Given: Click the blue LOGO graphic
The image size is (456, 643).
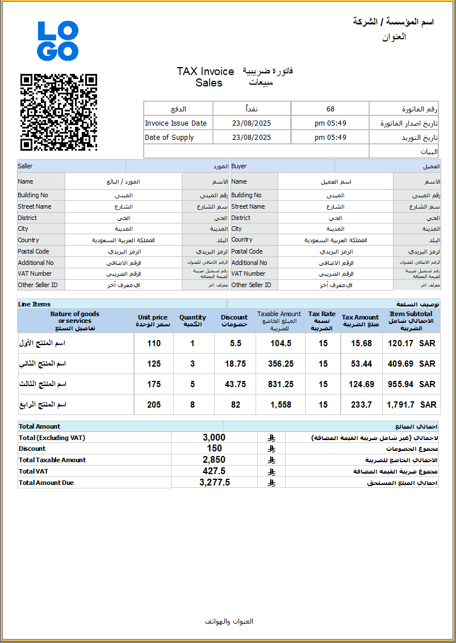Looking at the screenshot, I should click(x=58, y=41).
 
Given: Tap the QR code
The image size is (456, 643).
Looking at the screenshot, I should click(x=59, y=112).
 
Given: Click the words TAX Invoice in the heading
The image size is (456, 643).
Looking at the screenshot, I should click(x=206, y=72).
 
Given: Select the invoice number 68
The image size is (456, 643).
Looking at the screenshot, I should click(x=331, y=109).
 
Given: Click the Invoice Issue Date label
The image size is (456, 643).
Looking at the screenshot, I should click(x=175, y=123).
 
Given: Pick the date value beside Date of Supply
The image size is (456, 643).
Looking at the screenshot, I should click(x=252, y=138).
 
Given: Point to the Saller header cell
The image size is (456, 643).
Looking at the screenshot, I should click(x=26, y=167).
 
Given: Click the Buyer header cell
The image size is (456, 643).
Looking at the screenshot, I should click(x=239, y=167).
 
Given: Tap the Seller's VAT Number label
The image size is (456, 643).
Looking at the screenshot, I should click(x=35, y=273).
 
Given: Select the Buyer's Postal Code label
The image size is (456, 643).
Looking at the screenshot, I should click(x=247, y=251).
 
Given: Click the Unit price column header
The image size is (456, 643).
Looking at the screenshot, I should click(x=153, y=321).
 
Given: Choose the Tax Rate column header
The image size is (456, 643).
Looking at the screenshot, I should click(x=322, y=321).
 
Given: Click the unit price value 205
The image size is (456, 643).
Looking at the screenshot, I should click(x=153, y=405).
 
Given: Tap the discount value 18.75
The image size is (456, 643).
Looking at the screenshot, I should click(x=235, y=364).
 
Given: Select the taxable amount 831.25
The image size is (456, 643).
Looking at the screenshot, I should click(x=281, y=384).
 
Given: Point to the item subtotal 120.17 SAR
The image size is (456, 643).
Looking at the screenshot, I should click(x=412, y=343).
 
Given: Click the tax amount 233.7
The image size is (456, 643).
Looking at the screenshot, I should click(x=362, y=405).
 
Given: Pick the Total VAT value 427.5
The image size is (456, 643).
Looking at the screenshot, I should click(x=214, y=471).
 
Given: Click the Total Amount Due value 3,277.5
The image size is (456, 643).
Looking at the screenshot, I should click(x=215, y=483).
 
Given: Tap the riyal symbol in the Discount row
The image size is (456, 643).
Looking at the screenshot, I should click(x=271, y=449).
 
